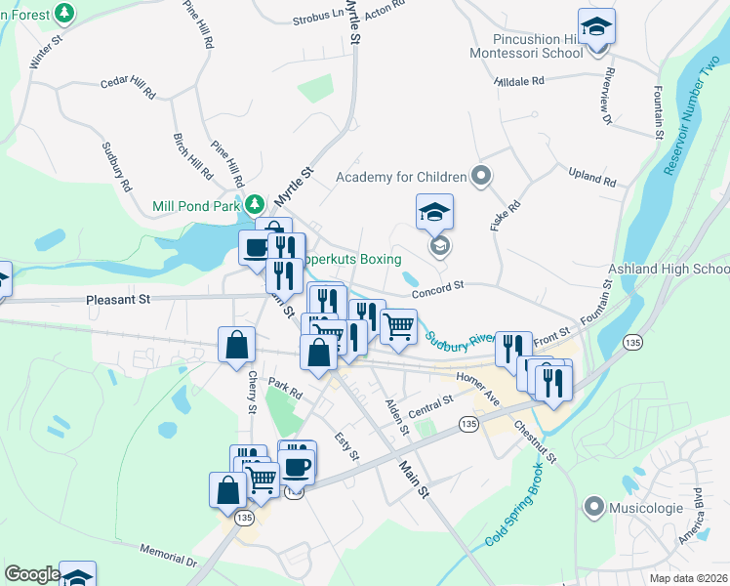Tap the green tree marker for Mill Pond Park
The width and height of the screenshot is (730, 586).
(x=255, y=205)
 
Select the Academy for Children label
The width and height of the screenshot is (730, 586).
(x=401, y=177)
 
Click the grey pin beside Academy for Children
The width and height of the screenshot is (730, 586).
(x=480, y=177)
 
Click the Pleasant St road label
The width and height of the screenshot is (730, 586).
(x=117, y=299)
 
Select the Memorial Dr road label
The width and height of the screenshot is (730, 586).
(x=169, y=555)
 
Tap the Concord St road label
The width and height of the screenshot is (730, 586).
(x=434, y=290)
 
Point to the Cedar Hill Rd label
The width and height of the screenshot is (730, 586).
(x=128, y=89)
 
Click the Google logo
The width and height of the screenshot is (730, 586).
(x=32, y=574)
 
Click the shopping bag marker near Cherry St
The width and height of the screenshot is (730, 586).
(x=237, y=345)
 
